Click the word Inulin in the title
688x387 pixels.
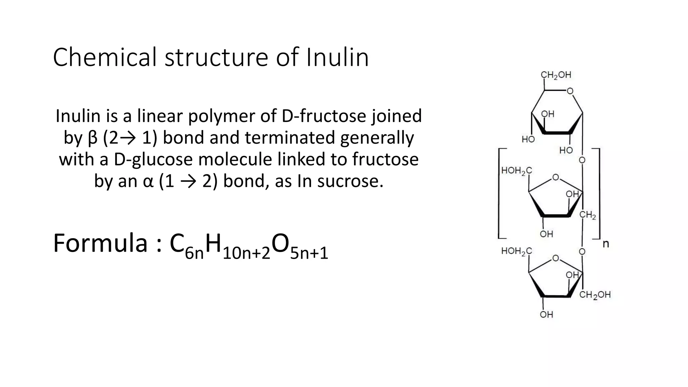tap(337, 57)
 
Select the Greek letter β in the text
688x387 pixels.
tap(92, 138)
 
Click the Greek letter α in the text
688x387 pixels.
tap(148, 181)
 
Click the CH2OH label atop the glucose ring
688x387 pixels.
tap(556, 75)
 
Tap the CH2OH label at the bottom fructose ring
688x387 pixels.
tap(595, 295)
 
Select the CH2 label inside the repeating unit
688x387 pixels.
tap(588, 215)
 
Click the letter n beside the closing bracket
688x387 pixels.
tap(606, 244)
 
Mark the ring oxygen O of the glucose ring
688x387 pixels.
tap(570, 91)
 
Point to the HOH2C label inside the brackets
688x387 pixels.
tap(516, 171)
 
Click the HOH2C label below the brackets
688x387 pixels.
tap(516, 251)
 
